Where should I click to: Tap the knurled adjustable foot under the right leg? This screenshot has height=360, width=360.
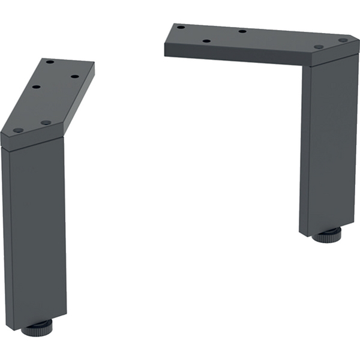click(x=326, y=234)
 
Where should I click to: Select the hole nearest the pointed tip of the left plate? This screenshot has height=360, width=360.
click(x=18, y=130)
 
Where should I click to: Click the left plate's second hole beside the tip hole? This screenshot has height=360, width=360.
click(x=46, y=122)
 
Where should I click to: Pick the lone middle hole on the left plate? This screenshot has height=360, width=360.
click(x=37, y=87)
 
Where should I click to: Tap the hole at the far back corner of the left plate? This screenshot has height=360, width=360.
click(x=50, y=62)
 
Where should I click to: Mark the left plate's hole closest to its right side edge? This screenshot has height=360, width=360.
click(x=74, y=76)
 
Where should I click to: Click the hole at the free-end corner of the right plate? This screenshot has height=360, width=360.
click(x=180, y=27)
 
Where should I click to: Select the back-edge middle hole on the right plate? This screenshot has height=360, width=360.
click(x=242, y=31)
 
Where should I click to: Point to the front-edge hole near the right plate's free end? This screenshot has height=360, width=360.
click(x=206, y=41)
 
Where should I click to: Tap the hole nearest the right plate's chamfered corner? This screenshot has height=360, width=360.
click(x=343, y=40)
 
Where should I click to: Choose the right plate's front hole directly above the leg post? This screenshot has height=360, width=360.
click(x=319, y=47)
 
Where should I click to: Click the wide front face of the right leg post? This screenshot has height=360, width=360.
click(x=329, y=144)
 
